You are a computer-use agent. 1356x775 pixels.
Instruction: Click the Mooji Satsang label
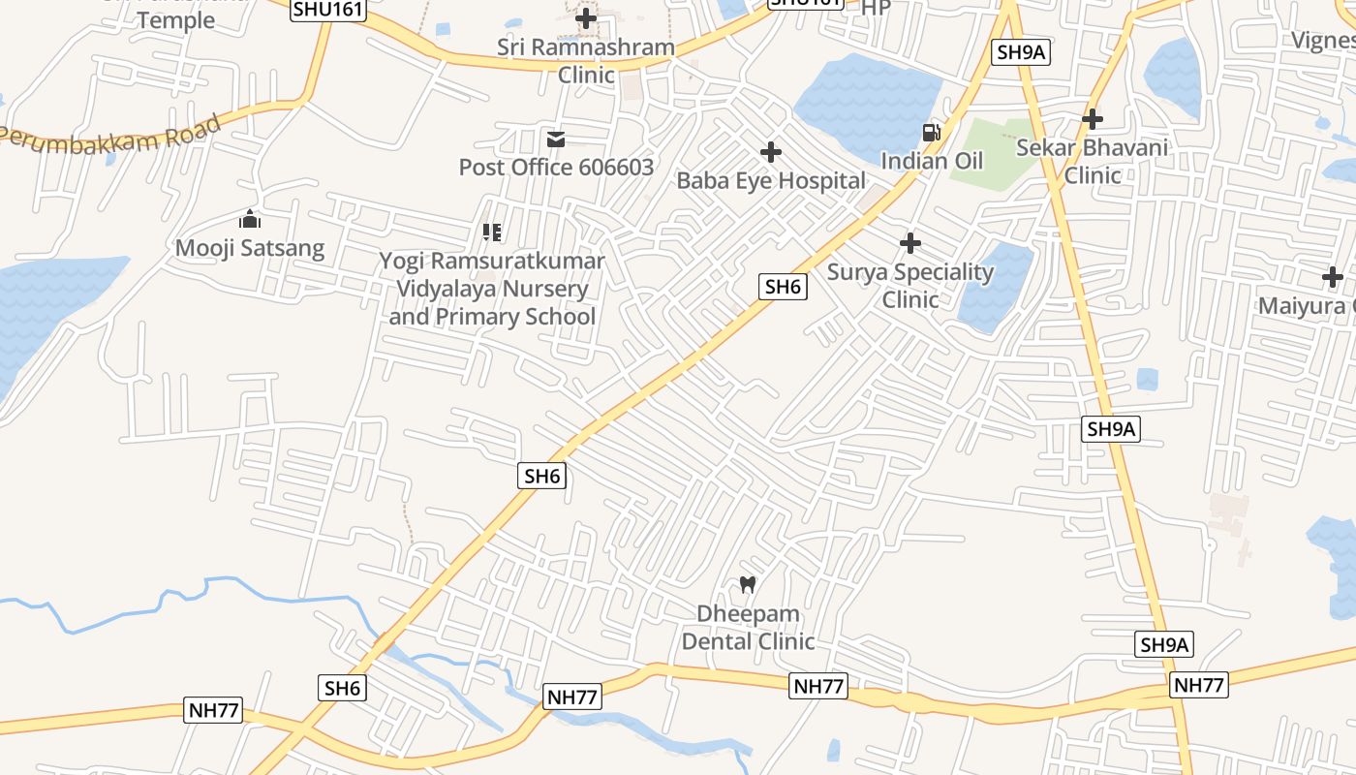coord(250,248)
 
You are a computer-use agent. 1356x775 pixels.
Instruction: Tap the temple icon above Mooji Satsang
coord(250,220)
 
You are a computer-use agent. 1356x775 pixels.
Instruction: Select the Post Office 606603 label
coord(556,168)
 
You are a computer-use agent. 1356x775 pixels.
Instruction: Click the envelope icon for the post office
coord(556,140)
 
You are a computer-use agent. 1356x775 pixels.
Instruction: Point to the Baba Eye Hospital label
coord(771,181)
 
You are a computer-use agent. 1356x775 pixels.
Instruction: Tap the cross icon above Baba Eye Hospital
coord(771,152)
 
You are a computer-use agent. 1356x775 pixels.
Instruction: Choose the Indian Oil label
coord(932,161)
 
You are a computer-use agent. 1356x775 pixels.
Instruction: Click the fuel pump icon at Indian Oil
coord(931,133)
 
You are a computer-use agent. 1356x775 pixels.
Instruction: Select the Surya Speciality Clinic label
coord(910,286)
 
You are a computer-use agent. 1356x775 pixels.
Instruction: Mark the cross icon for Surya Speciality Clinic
coord(910,243)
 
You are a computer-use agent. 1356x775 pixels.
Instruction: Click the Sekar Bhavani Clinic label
coord(1093,162)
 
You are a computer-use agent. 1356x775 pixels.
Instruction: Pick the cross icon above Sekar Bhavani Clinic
coord(1093,119)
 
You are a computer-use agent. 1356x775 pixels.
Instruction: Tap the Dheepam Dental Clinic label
coord(748,628)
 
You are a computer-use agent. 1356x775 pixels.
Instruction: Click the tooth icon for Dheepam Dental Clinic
coord(748,584)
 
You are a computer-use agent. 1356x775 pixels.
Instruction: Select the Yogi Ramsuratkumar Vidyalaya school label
coord(492,289)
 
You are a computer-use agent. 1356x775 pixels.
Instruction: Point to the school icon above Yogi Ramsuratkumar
coord(492,232)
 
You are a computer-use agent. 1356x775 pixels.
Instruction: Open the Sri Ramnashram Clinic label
coord(585,61)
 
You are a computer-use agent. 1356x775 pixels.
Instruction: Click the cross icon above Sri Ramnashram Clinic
coord(586,17)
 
